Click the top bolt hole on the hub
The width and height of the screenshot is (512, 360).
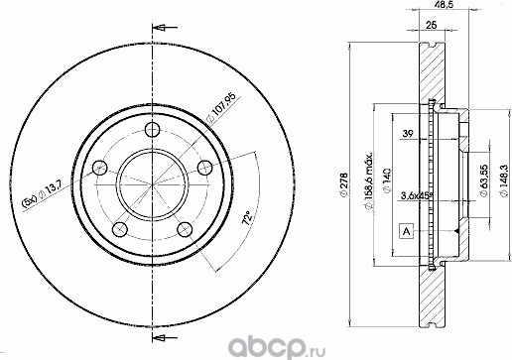[151, 131]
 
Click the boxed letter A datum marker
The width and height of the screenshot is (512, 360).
[405, 232]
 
